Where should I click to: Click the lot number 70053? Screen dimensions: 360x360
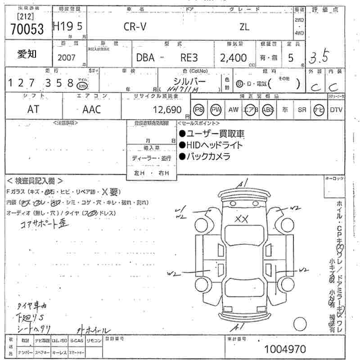tap(27, 28)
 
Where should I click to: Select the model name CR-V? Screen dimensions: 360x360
tap(135, 27)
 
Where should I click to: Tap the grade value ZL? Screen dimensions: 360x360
tap(244, 27)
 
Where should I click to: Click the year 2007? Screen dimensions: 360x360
tap(67, 58)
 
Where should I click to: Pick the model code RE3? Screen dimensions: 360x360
tap(189, 58)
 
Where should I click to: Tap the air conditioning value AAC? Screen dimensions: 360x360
tap(92, 109)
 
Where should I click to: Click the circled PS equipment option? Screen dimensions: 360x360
tap(199, 109)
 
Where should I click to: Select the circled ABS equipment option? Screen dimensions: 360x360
tap(268, 109)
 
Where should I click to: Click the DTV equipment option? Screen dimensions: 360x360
tap(336, 109)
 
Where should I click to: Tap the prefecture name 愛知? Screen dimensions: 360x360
tap(27, 54)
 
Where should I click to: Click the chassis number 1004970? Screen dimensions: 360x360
tap(285, 349)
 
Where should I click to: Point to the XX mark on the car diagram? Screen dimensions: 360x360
tap(243, 219)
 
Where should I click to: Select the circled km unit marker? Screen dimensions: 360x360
tap(82, 85)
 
